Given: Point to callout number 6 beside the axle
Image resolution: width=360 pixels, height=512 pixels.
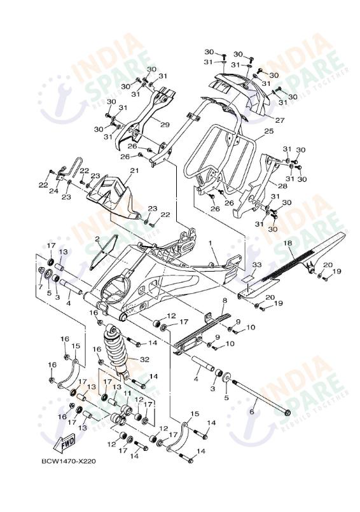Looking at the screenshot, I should pos(252,412).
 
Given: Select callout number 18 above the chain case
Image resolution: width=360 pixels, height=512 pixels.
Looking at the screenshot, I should pos(288,243).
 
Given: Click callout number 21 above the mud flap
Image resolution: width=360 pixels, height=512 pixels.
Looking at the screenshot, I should pos(134,171).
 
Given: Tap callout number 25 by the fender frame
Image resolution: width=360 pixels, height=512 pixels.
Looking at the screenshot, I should pos(268,131).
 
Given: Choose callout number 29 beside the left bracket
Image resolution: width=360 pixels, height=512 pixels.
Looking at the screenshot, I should pos(164,125).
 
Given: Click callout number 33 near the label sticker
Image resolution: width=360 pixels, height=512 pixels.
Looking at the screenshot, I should pos(256,264).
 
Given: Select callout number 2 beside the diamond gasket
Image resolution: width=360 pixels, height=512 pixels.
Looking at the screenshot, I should pos(98,240).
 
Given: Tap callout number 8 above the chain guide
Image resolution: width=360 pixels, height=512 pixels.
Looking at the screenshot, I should pos(225,300).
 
